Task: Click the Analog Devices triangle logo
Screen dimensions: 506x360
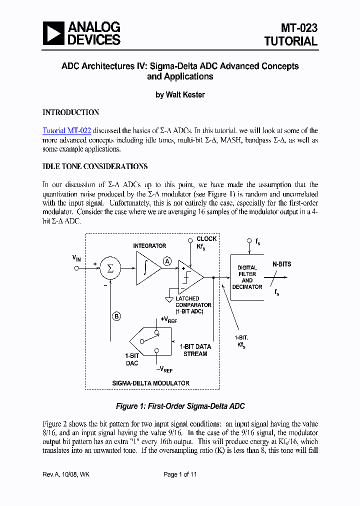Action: (x=53, y=33)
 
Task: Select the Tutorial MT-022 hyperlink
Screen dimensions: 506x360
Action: (x=66, y=130)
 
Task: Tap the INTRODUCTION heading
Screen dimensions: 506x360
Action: (x=70, y=112)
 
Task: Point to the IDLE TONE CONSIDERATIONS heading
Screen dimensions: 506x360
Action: (x=95, y=166)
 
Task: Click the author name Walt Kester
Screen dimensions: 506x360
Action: (x=180, y=94)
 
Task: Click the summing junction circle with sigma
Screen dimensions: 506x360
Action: (x=110, y=268)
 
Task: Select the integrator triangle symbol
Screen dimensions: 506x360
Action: (x=146, y=268)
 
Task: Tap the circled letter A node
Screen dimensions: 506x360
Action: (x=167, y=261)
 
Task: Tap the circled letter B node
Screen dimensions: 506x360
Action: (x=116, y=316)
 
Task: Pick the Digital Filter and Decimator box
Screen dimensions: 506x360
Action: (x=247, y=277)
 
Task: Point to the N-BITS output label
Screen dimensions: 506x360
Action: (x=281, y=264)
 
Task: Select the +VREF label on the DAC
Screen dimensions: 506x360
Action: (x=168, y=320)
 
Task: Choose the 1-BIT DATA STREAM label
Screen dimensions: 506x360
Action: (x=195, y=350)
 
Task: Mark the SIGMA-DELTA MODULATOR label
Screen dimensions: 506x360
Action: (x=150, y=383)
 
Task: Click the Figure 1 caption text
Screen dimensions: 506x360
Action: (x=180, y=406)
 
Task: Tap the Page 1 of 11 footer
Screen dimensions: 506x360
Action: (x=180, y=474)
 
